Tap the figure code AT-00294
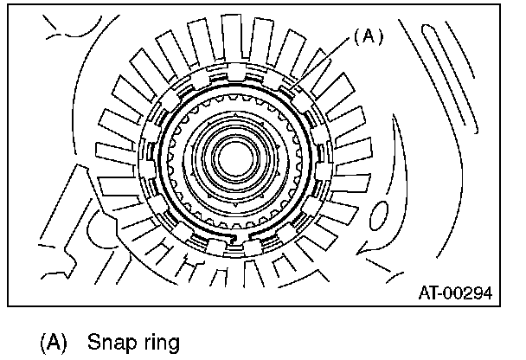coord(455,292)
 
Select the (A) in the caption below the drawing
coord(53,341)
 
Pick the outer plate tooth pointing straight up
coord(234,35)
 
